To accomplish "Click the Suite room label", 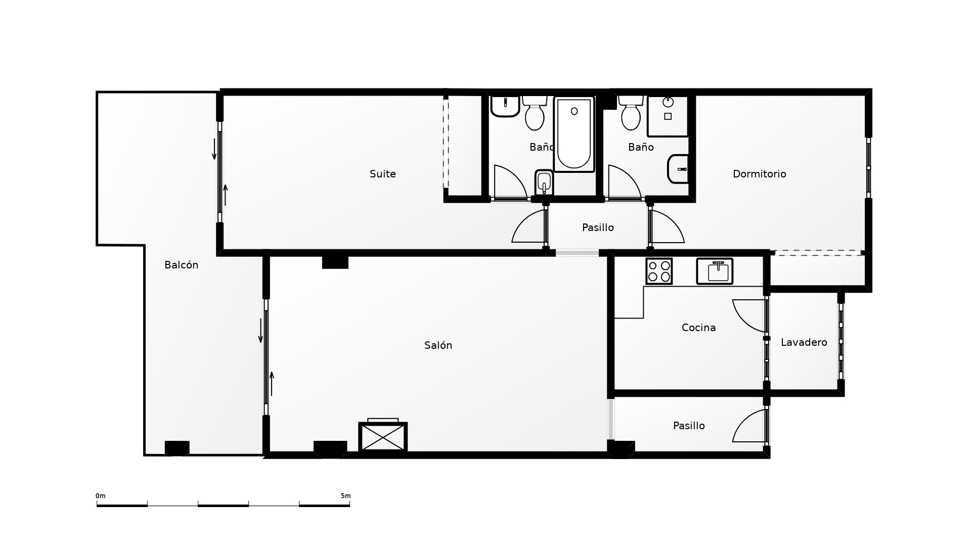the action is (383, 174).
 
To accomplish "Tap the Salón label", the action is (438, 345).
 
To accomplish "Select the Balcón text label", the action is (181, 265).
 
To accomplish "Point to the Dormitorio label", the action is (759, 174).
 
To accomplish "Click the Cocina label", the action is (698, 328).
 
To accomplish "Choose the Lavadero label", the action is (804, 342).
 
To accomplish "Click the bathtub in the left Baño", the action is (574, 134).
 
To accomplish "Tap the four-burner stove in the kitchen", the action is (659, 271).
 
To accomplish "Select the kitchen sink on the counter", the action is (715, 271).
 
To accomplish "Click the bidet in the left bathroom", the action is (544, 182).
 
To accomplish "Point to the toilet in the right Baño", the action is (631, 112).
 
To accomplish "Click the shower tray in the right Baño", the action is (668, 116).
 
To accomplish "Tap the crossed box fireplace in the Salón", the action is (383, 437).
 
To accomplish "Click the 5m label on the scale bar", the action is (345, 496).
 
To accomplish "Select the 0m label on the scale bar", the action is (101, 496).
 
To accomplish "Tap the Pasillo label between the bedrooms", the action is (598, 227).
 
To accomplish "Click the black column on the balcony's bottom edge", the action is (177, 448).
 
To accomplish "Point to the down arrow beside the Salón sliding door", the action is (261, 331).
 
